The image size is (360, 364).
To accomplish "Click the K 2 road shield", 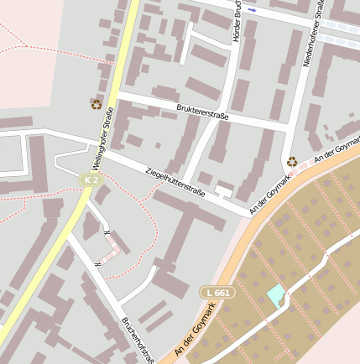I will tap(91, 179).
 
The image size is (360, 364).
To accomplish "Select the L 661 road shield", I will tap(217, 292).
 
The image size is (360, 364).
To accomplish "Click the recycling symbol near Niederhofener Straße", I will tap(291, 161).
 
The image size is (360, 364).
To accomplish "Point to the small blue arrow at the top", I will tap(252, 10).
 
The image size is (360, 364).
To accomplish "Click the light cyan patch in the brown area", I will tap(275, 294).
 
